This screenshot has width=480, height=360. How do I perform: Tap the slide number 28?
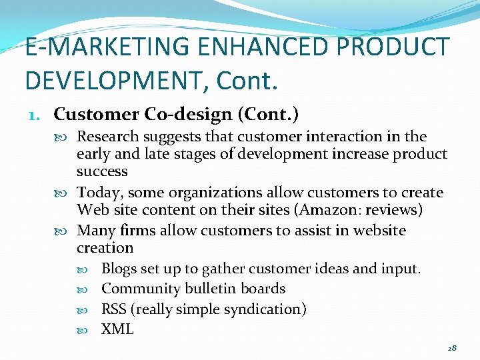pyautogui.click(x=451, y=348)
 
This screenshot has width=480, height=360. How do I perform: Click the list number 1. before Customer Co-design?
pyautogui.click(x=36, y=115)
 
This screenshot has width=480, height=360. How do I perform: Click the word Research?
pyautogui.click(x=108, y=137)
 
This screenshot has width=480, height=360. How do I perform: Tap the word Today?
pyautogui.click(x=100, y=193)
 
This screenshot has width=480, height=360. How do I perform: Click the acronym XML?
pyautogui.click(x=117, y=329)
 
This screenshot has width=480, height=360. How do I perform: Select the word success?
pyautogui.click(x=101, y=171)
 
